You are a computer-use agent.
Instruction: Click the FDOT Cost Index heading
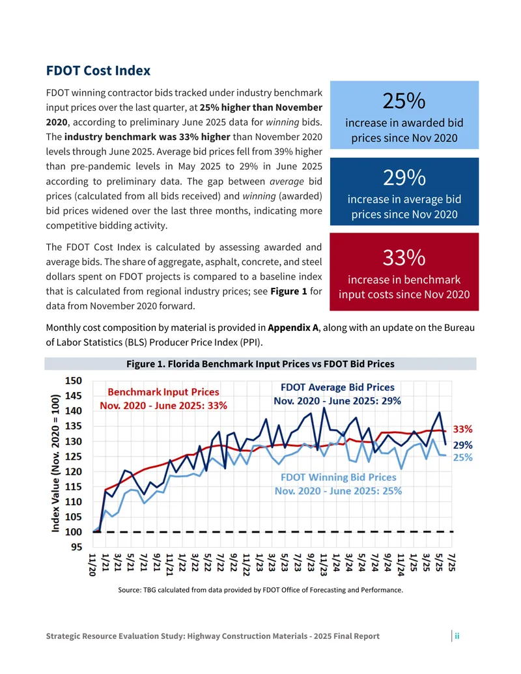point(98,70)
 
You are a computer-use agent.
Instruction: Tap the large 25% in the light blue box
point(404,101)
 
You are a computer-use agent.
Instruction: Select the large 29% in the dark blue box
point(404,178)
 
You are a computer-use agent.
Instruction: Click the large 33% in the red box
point(404,258)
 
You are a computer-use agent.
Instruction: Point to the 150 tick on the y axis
point(73,381)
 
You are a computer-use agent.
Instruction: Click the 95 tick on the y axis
point(76,547)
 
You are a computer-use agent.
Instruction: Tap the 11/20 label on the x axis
point(92,565)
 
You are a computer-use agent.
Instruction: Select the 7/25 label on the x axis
point(451,562)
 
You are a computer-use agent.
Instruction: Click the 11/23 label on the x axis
point(323,565)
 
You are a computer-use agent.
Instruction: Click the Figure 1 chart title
point(260,364)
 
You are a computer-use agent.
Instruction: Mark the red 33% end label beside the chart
point(462,429)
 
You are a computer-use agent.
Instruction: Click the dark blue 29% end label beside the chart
point(462,445)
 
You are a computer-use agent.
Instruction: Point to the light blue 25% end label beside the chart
point(462,457)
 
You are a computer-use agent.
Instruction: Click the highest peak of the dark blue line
point(324,408)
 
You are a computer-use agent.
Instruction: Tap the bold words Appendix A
point(293,328)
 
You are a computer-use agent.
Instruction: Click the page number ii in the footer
point(457,636)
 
